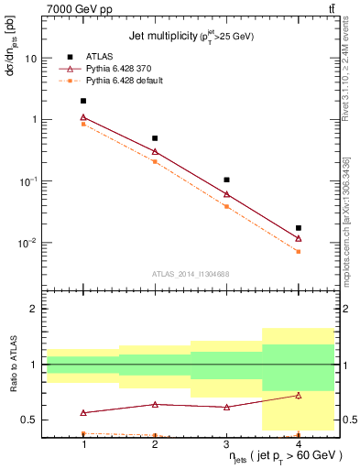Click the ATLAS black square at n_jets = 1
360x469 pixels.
[x=83, y=101]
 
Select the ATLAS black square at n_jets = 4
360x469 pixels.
[x=298, y=228]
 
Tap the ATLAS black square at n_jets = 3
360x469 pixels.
[x=226, y=180]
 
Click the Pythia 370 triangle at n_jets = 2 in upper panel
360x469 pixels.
[x=155, y=151]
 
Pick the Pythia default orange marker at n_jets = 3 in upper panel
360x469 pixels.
[x=226, y=206]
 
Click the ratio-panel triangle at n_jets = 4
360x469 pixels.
[x=298, y=395]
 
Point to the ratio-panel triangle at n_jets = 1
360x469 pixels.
[x=83, y=413]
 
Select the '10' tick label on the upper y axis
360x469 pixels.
[x=30, y=58]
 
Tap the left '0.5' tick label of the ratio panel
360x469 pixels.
[x=29, y=420]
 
